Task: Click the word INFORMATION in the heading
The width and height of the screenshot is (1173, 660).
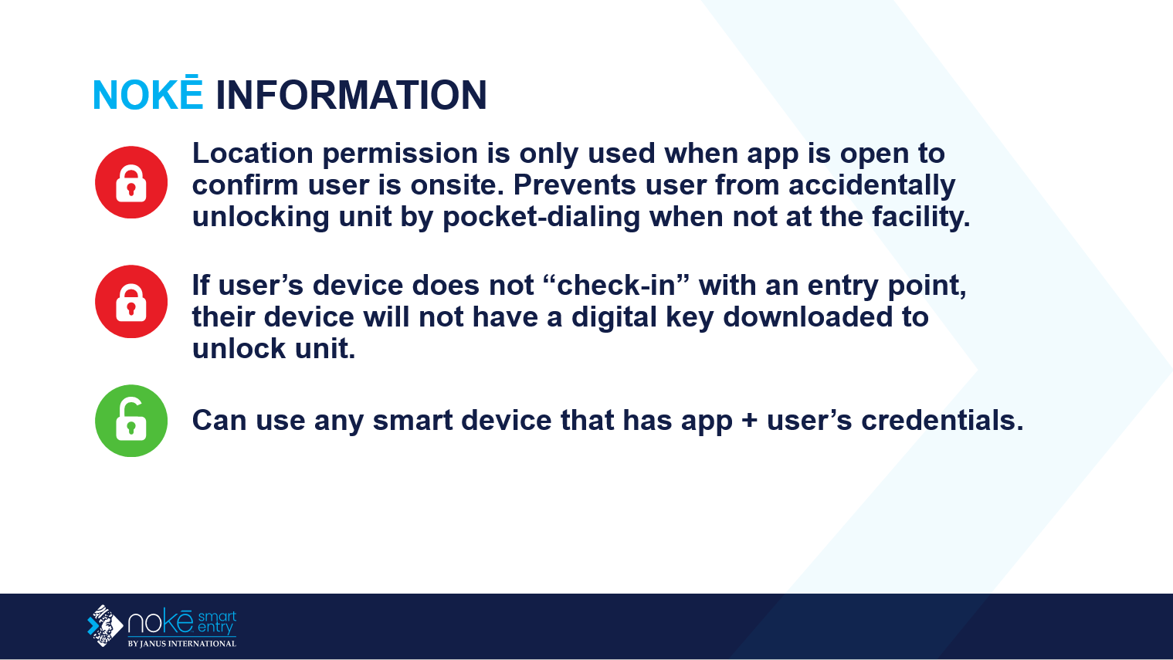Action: tap(351, 95)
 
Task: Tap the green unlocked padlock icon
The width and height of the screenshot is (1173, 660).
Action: tap(131, 421)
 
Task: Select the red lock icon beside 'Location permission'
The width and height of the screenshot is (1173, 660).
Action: tap(131, 182)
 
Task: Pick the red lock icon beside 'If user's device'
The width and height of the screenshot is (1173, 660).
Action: tap(131, 302)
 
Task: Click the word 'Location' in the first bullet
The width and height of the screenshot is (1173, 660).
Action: tap(253, 154)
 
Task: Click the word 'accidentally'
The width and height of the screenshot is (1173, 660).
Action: tap(872, 185)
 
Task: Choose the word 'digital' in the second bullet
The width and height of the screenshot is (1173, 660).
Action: tap(614, 318)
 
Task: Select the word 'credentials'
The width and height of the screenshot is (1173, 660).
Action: tap(942, 420)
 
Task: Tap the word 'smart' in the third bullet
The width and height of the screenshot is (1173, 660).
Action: tap(412, 421)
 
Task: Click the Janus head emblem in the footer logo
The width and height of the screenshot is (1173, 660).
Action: tap(105, 625)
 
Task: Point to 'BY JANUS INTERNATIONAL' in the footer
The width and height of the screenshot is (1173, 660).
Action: tap(182, 644)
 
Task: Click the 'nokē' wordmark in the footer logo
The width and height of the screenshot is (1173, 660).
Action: tap(161, 621)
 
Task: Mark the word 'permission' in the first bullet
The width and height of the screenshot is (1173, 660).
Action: tap(401, 154)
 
